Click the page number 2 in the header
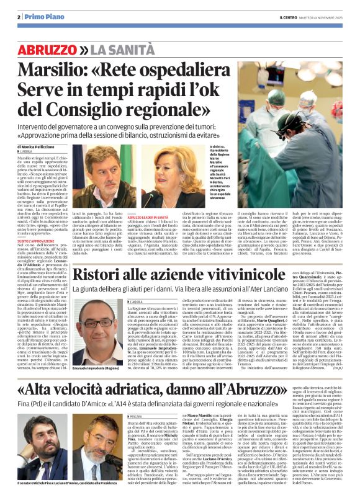pyautogui.click(x=20, y=17)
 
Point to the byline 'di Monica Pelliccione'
pyautogui.click(x=43, y=147)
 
